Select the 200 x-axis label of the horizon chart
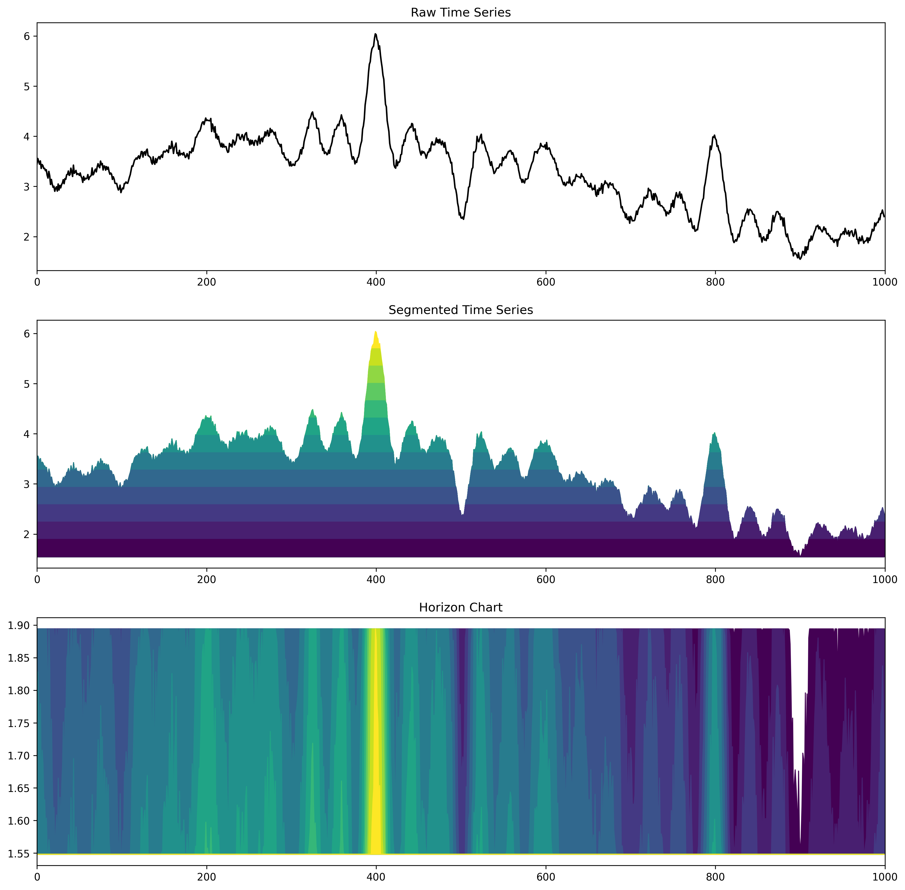pyautogui.click(x=206, y=877)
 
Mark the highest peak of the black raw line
pyautogui.click(x=376, y=34)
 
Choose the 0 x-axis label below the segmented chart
pyautogui.click(x=37, y=580)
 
